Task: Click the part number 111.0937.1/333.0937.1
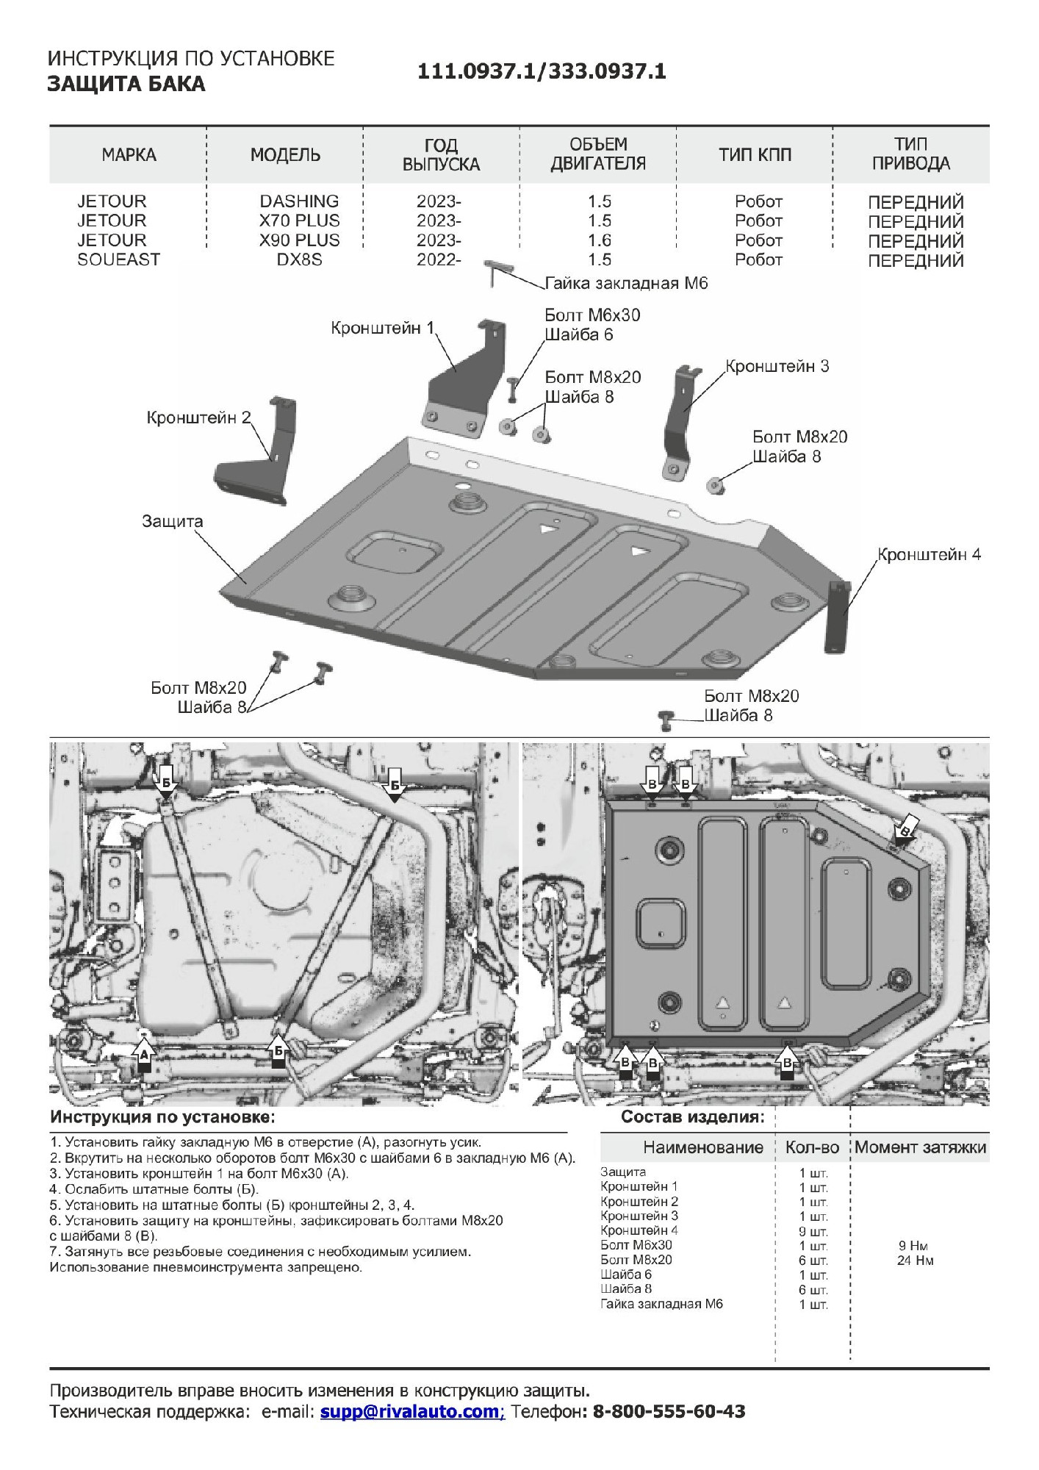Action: click(x=542, y=71)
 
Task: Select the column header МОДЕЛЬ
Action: click(x=285, y=155)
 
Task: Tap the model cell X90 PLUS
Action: click(x=299, y=240)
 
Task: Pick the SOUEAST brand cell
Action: click(x=118, y=259)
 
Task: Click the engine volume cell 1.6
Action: click(x=600, y=240)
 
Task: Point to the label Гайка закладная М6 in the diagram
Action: click(x=626, y=284)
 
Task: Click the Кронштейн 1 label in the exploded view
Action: click(x=382, y=328)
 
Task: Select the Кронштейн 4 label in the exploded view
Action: click(x=929, y=554)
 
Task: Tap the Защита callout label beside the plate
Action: click(x=172, y=521)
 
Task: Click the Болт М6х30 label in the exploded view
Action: click(x=592, y=315)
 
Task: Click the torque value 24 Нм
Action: click(x=915, y=1261)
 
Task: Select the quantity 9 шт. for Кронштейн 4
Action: click(x=813, y=1231)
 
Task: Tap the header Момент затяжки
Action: click(x=920, y=1147)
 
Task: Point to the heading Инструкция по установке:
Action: click(x=162, y=1117)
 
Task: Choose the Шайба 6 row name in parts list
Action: click(x=626, y=1274)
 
